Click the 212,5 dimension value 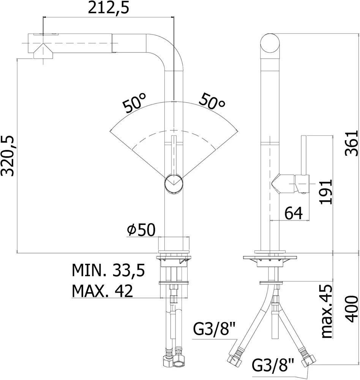(x=108, y=8)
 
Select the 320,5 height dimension (x=8, y=156)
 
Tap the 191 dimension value (x=326, y=192)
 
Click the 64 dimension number (x=294, y=213)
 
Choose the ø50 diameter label (x=141, y=230)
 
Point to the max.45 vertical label (x=326, y=312)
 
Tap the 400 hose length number (x=352, y=309)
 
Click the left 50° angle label (x=135, y=103)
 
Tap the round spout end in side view (x=270, y=43)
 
